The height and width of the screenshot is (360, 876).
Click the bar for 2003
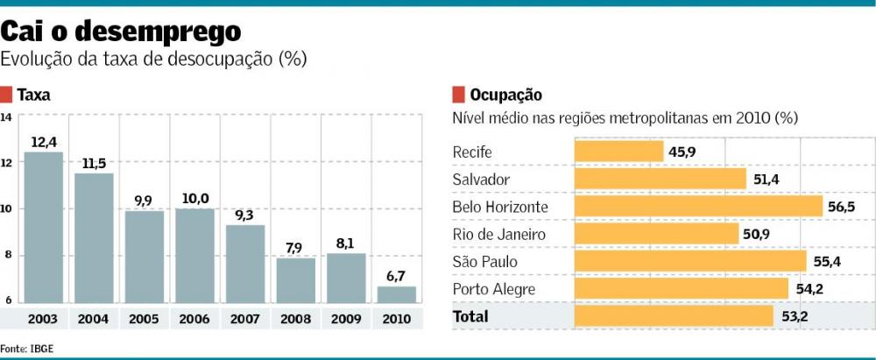point(43,228)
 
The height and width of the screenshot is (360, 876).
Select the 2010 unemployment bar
point(397,294)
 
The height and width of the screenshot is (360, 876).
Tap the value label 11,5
point(94,164)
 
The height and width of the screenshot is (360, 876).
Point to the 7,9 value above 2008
point(295,248)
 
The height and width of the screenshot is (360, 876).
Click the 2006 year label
point(194,319)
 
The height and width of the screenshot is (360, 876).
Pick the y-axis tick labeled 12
point(6,163)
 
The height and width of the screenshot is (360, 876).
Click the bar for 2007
point(245,264)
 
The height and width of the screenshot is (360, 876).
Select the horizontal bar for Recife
point(618,152)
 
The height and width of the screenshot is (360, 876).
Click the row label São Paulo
point(485,262)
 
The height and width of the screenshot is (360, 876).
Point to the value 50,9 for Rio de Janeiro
point(759,234)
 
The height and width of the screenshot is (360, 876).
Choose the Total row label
point(470,316)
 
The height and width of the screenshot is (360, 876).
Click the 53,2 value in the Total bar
point(795,316)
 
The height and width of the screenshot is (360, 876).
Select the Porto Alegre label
point(493,289)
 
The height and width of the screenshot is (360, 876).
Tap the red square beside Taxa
point(6,94)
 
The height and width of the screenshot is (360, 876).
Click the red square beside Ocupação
point(457,94)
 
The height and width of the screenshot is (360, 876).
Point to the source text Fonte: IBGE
point(26,347)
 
